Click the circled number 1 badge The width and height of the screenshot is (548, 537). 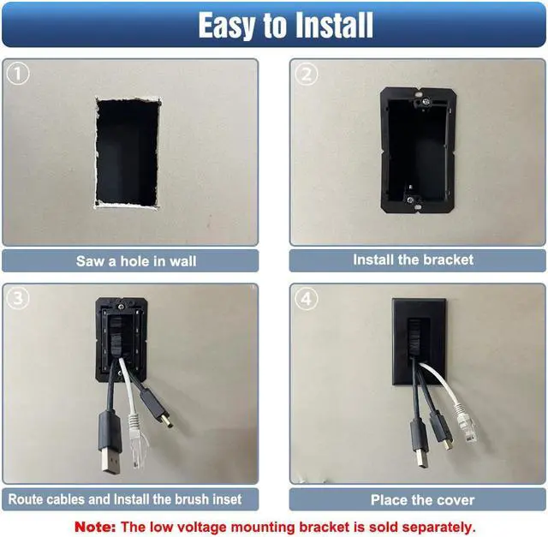pyautogui.click(x=17, y=74)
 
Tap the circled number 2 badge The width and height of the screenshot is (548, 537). pyautogui.click(x=306, y=74)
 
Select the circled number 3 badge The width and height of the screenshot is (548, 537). pyautogui.click(x=17, y=299)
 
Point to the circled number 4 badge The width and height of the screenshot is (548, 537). pyautogui.click(x=306, y=299)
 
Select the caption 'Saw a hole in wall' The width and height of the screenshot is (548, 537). pyautogui.click(x=129, y=260)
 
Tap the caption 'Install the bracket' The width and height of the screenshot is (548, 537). pyautogui.click(x=413, y=260)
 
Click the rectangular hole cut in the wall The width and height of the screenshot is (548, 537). pyautogui.click(x=128, y=152)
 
